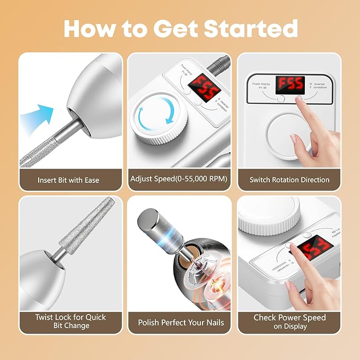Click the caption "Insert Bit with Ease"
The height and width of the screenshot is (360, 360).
pyautogui.click(x=68, y=180)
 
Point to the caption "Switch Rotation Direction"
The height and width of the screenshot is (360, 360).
pyautogui.click(x=289, y=180)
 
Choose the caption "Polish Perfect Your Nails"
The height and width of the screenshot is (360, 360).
pyautogui.click(x=181, y=322)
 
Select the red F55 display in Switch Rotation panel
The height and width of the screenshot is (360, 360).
pyautogui.click(x=289, y=84)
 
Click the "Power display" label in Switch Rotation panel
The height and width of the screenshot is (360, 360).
pyautogui.click(x=260, y=83)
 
